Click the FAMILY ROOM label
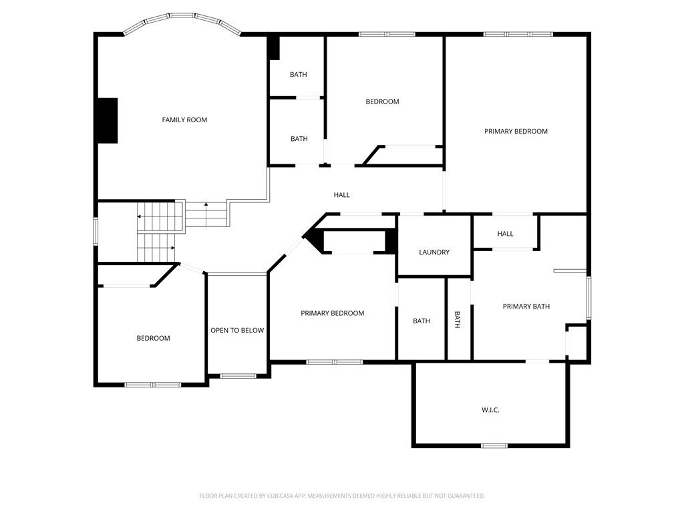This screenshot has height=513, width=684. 184,120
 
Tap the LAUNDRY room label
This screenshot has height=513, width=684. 434,252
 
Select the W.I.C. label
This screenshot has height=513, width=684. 490,410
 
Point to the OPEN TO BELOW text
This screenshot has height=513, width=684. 237,330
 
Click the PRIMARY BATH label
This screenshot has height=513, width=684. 526,306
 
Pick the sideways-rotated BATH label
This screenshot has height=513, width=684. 457,320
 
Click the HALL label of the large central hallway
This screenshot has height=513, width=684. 341,195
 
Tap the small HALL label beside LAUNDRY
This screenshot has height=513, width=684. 505,234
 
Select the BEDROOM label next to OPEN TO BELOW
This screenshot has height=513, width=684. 153,338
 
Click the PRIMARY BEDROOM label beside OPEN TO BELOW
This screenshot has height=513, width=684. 333,313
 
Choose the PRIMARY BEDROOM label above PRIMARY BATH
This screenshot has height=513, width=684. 516,132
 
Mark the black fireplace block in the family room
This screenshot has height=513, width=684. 108,120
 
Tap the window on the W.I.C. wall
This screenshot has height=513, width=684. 494,446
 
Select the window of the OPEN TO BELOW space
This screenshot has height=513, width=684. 238,375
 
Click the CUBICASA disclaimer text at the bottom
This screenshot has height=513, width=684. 342,496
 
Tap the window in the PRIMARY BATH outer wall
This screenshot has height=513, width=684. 588,298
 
